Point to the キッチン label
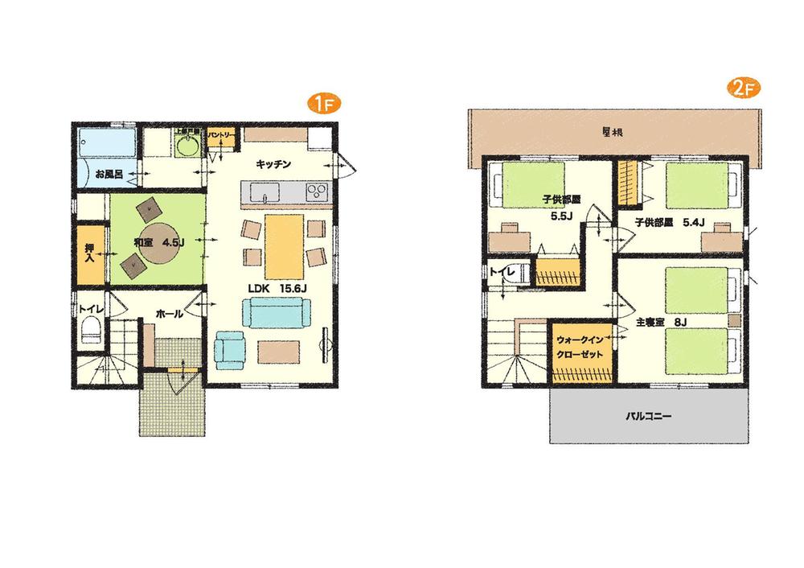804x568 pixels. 273,163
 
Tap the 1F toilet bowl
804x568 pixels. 91,331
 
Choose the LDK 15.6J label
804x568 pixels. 273,287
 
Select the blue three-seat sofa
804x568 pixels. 275,311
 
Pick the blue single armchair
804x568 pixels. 230,348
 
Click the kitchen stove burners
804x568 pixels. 318,192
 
